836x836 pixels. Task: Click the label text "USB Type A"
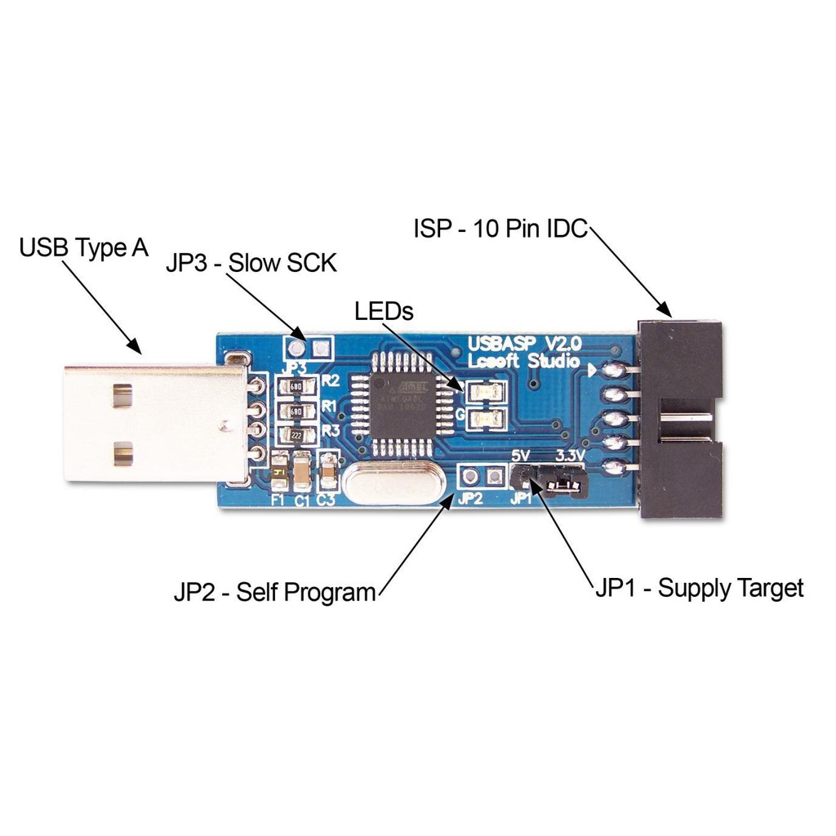point(84,247)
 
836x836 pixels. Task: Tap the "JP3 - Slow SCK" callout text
point(251,264)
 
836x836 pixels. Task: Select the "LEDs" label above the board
point(385,311)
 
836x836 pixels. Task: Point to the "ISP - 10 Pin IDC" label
point(500,229)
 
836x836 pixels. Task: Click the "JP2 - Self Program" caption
point(275,592)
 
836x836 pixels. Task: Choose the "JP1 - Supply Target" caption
point(699,588)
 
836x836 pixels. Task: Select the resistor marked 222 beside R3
point(298,434)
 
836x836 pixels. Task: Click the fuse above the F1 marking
point(279,472)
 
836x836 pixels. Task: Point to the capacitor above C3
point(329,469)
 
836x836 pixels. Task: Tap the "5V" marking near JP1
point(521,455)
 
